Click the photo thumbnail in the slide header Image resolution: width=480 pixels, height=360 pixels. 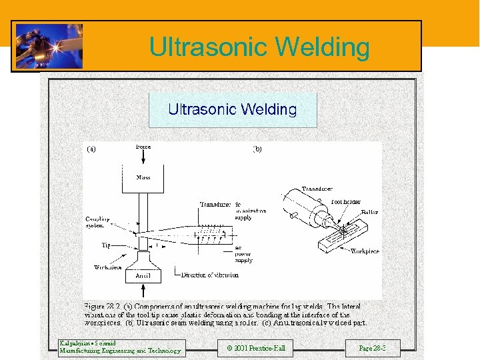(49, 45)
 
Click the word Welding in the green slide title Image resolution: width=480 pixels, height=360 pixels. (321, 47)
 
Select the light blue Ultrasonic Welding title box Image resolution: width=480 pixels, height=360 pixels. (232, 110)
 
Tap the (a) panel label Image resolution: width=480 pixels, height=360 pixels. (91, 149)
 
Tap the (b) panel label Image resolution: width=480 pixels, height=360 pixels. (257, 149)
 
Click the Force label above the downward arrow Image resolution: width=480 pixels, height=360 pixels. (143, 147)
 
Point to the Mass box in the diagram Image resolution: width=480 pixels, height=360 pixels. (143, 178)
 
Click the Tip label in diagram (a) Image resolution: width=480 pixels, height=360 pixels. (106, 245)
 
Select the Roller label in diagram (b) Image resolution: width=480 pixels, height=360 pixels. (369, 212)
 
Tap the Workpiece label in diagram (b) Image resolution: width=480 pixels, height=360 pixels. (365, 251)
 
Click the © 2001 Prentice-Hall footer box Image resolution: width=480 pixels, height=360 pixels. (255, 348)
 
